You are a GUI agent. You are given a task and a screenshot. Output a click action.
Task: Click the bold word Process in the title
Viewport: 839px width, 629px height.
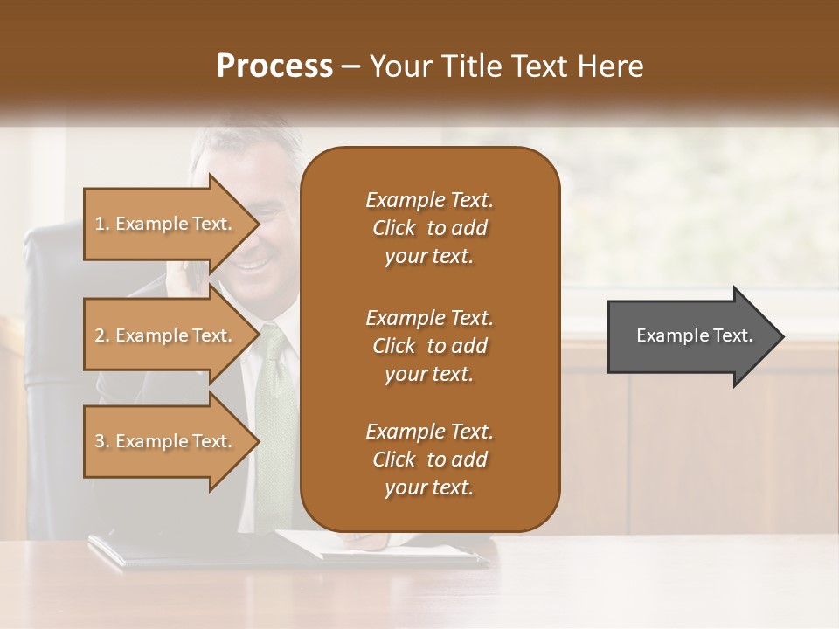274,66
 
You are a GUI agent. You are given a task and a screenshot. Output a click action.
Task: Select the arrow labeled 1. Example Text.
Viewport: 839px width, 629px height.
166,224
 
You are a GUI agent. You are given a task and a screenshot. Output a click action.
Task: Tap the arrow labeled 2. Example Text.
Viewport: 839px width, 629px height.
166,335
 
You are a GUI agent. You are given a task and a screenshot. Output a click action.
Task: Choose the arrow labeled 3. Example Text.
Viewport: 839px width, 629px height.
166,441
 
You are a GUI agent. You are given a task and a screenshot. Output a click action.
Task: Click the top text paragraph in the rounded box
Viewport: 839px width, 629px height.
429,228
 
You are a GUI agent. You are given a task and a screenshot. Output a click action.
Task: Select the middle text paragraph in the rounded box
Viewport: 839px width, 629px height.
429,345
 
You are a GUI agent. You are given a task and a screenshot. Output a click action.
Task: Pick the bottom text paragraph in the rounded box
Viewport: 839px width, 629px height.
429,460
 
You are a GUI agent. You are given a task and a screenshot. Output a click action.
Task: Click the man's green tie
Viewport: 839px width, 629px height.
278,402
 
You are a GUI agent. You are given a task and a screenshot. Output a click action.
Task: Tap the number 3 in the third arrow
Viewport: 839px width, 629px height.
100,441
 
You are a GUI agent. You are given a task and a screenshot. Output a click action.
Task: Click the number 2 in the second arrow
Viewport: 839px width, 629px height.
100,335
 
